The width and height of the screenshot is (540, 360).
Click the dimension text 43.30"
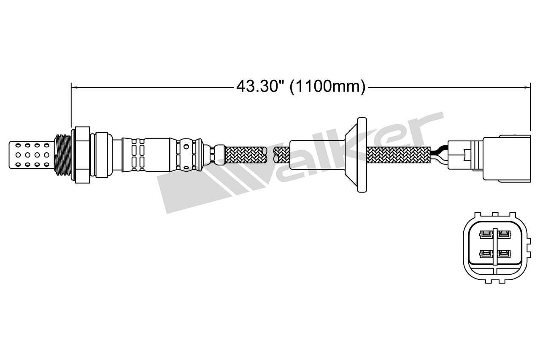point(259,87)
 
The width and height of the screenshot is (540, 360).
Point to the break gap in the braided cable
point(270,154)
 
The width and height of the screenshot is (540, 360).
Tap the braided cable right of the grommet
point(399,155)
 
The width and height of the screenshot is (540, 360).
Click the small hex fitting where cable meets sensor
point(218,154)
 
